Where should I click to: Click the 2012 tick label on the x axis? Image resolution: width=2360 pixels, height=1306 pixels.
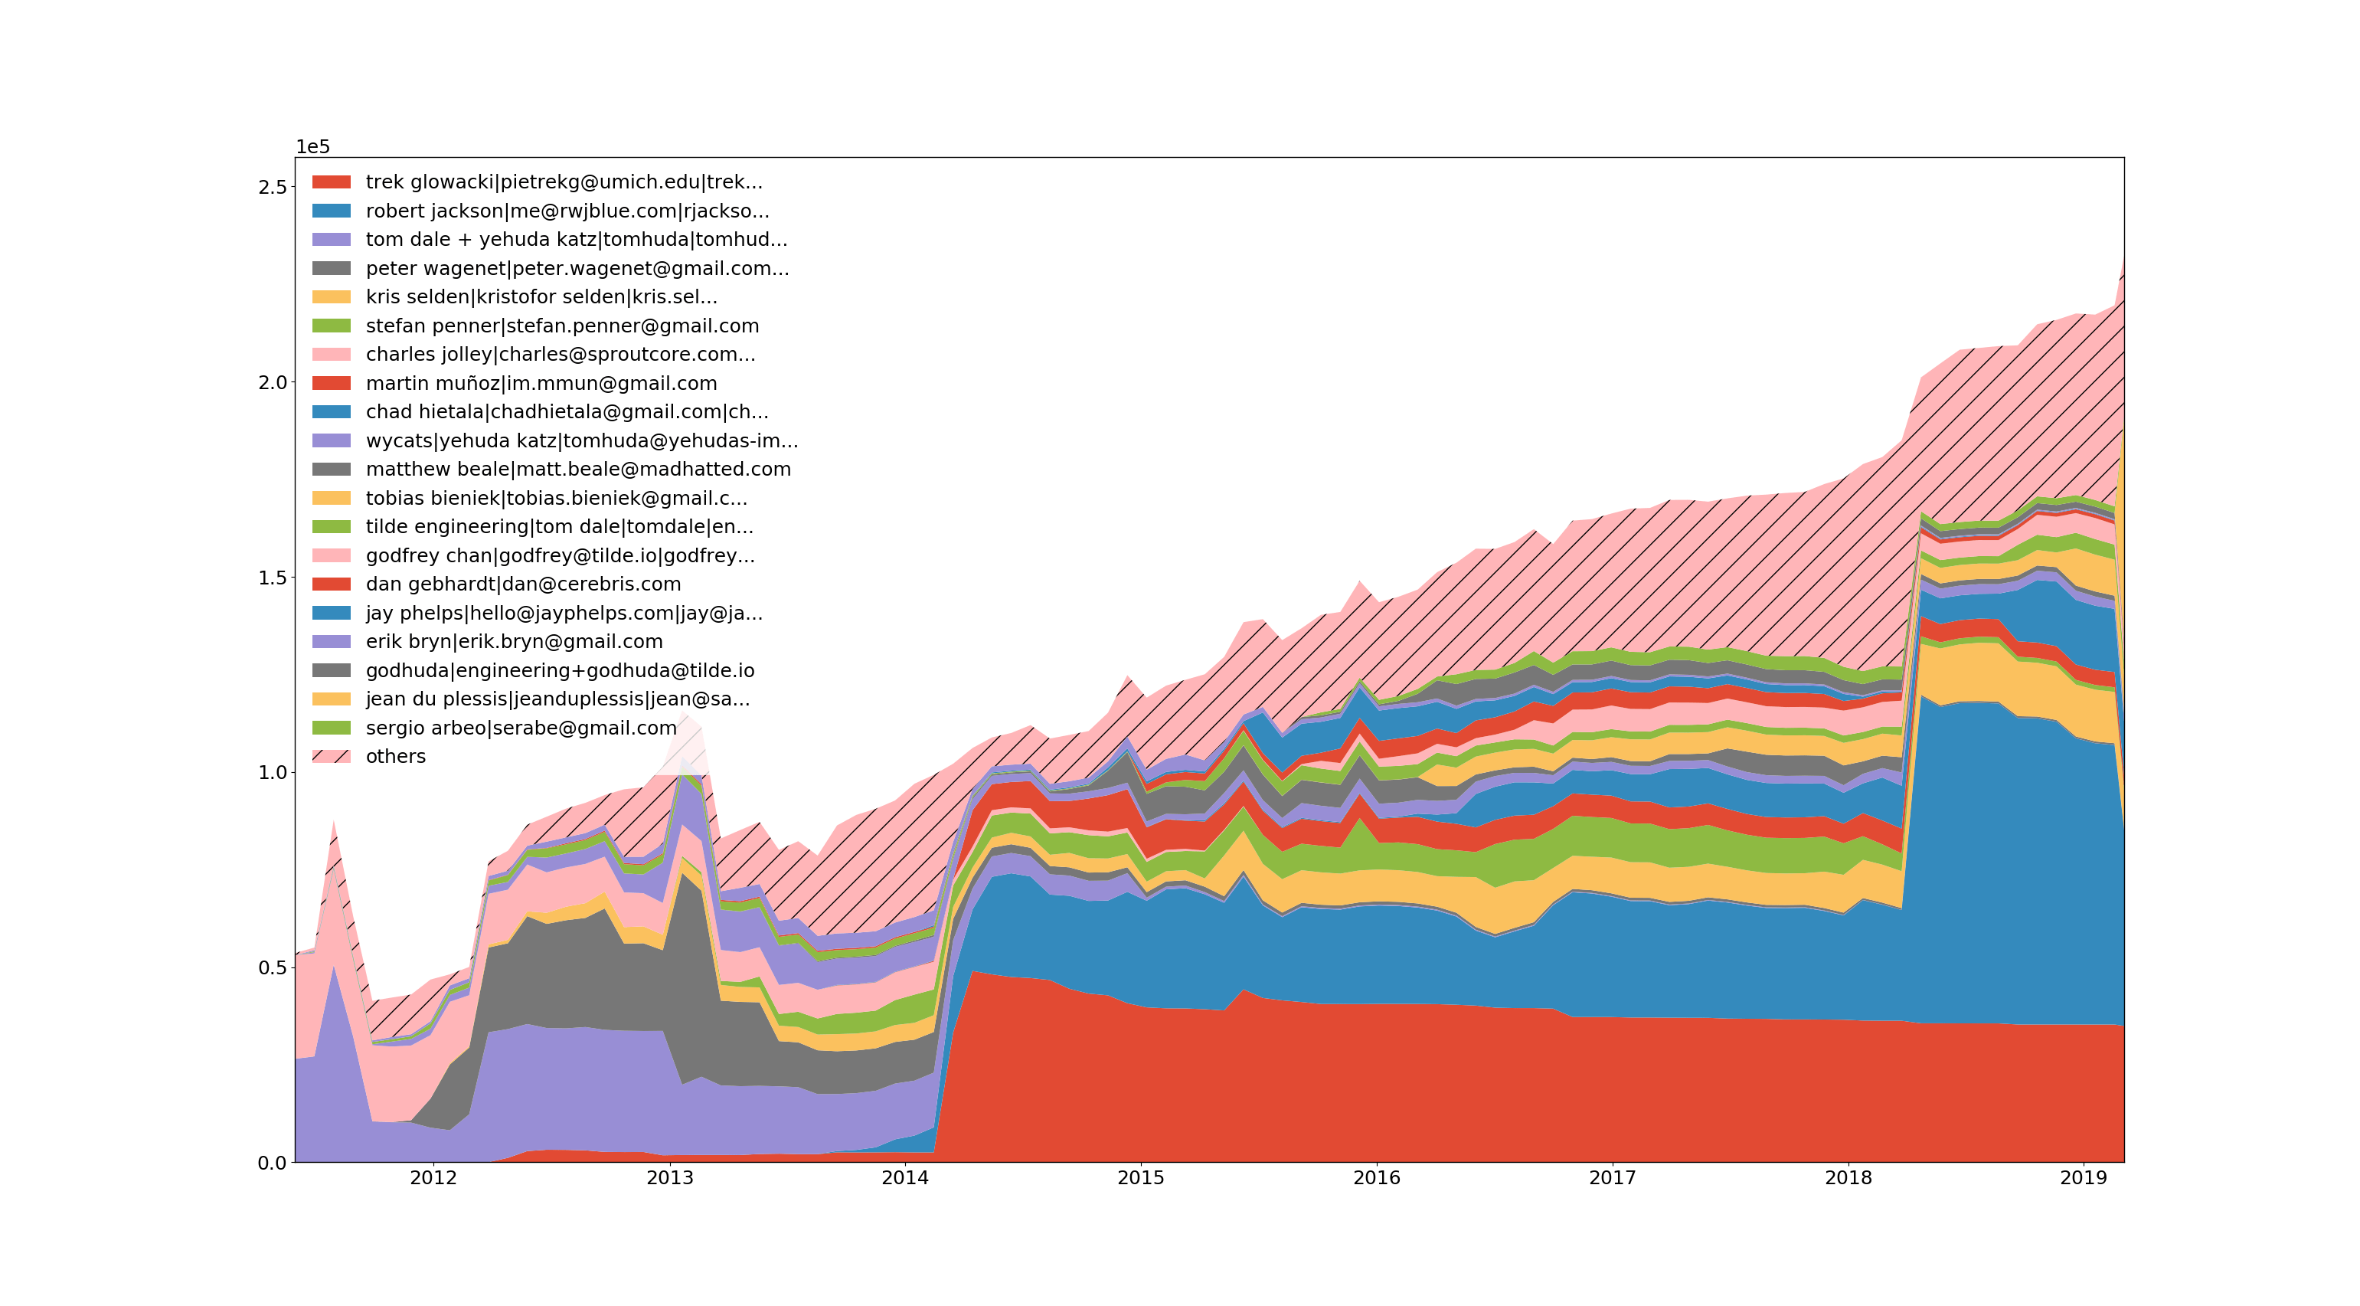433,1177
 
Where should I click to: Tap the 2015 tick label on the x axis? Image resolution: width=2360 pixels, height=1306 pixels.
1141,1177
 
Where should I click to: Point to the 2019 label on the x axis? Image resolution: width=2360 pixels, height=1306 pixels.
2084,1177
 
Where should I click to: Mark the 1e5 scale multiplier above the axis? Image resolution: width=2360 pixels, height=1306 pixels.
312,146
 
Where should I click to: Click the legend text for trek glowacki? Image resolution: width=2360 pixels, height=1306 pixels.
564,182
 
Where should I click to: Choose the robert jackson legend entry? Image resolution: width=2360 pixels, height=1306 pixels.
567,211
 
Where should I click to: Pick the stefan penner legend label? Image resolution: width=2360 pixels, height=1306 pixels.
561,326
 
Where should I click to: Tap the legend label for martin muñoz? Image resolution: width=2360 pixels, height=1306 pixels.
541,383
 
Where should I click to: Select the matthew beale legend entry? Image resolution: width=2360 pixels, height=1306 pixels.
578,470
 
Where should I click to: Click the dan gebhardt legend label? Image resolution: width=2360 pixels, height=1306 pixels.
523,584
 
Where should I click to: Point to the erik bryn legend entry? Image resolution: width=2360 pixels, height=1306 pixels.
514,642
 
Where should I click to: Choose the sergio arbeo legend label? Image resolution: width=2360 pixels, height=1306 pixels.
521,728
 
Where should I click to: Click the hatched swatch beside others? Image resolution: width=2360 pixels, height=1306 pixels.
331,756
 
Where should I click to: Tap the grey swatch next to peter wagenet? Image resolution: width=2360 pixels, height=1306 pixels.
331,269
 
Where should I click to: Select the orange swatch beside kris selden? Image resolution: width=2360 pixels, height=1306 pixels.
331,297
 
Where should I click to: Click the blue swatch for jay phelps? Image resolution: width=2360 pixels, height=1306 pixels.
331,613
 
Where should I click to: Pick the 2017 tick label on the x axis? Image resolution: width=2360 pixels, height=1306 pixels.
1613,1177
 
